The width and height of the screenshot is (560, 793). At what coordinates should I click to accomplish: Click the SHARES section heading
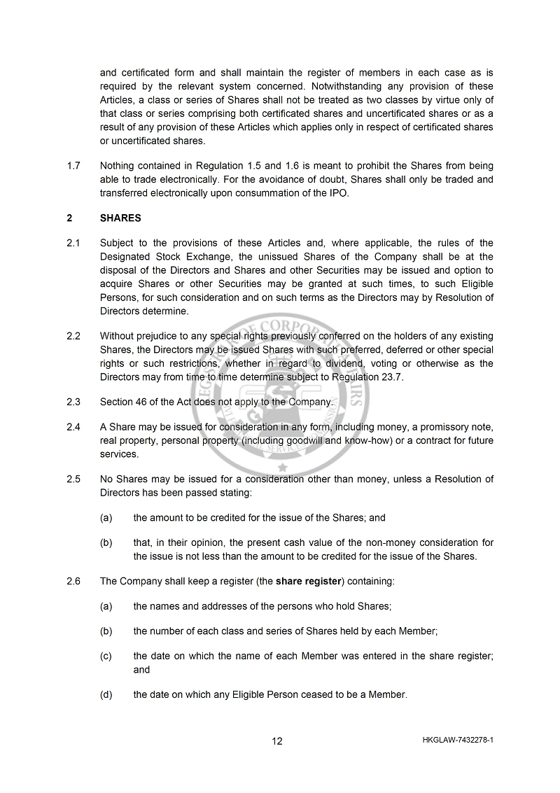click(x=120, y=218)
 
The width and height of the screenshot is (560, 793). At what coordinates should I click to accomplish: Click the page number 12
click(x=277, y=741)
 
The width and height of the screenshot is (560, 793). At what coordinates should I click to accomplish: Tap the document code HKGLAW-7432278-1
click(x=458, y=740)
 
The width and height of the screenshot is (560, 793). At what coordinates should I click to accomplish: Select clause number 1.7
click(x=73, y=167)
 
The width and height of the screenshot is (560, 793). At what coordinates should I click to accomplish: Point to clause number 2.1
click(x=73, y=244)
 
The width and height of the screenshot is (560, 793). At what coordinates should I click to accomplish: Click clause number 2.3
click(x=73, y=402)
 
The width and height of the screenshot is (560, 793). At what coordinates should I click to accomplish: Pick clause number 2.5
click(x=73, y=479)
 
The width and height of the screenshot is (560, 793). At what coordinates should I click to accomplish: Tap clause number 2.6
click(x=73, y=581)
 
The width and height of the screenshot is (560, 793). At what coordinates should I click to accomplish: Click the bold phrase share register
click(x=308, y=581)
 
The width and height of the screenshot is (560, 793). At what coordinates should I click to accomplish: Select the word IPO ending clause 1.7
click(x=337, y=193)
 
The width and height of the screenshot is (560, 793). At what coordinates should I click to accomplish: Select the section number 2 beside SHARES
click(x=69, y=218)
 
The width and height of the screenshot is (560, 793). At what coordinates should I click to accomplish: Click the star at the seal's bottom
click(x=283, y=468)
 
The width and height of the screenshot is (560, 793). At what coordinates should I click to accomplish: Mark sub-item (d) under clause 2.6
click(x=106, y=695)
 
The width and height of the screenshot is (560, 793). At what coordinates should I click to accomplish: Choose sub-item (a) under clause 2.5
click(x=106, y=518)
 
